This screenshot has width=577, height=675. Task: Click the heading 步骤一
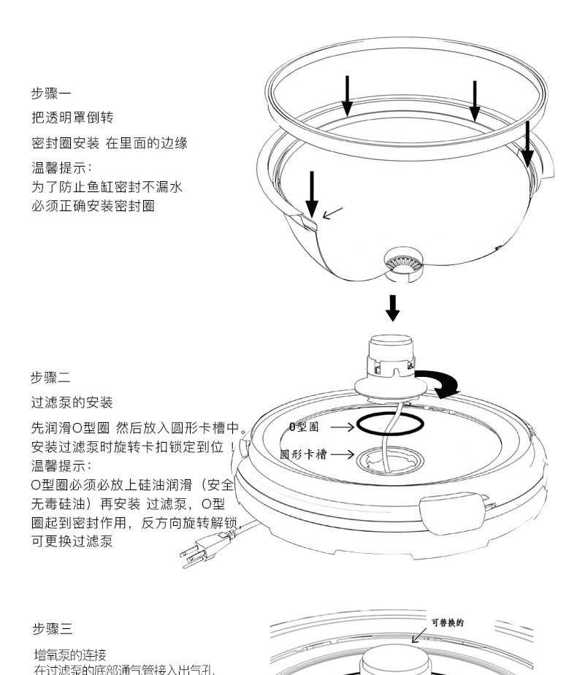[50, 94]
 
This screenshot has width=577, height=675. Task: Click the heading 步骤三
[52, 629]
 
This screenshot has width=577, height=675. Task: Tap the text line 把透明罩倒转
[72, 118]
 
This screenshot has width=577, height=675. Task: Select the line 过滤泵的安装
[72, 403]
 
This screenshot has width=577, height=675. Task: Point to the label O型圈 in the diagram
[304, 426]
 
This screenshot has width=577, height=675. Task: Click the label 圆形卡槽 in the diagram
[304, 454]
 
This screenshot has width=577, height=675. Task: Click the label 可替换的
[447, 622]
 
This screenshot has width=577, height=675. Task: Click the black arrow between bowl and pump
[393, 308]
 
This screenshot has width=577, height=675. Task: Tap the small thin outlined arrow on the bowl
[332, 213]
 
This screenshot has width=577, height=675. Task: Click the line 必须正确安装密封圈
[93, 205]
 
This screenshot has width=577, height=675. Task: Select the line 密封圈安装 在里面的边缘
[110, 143]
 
